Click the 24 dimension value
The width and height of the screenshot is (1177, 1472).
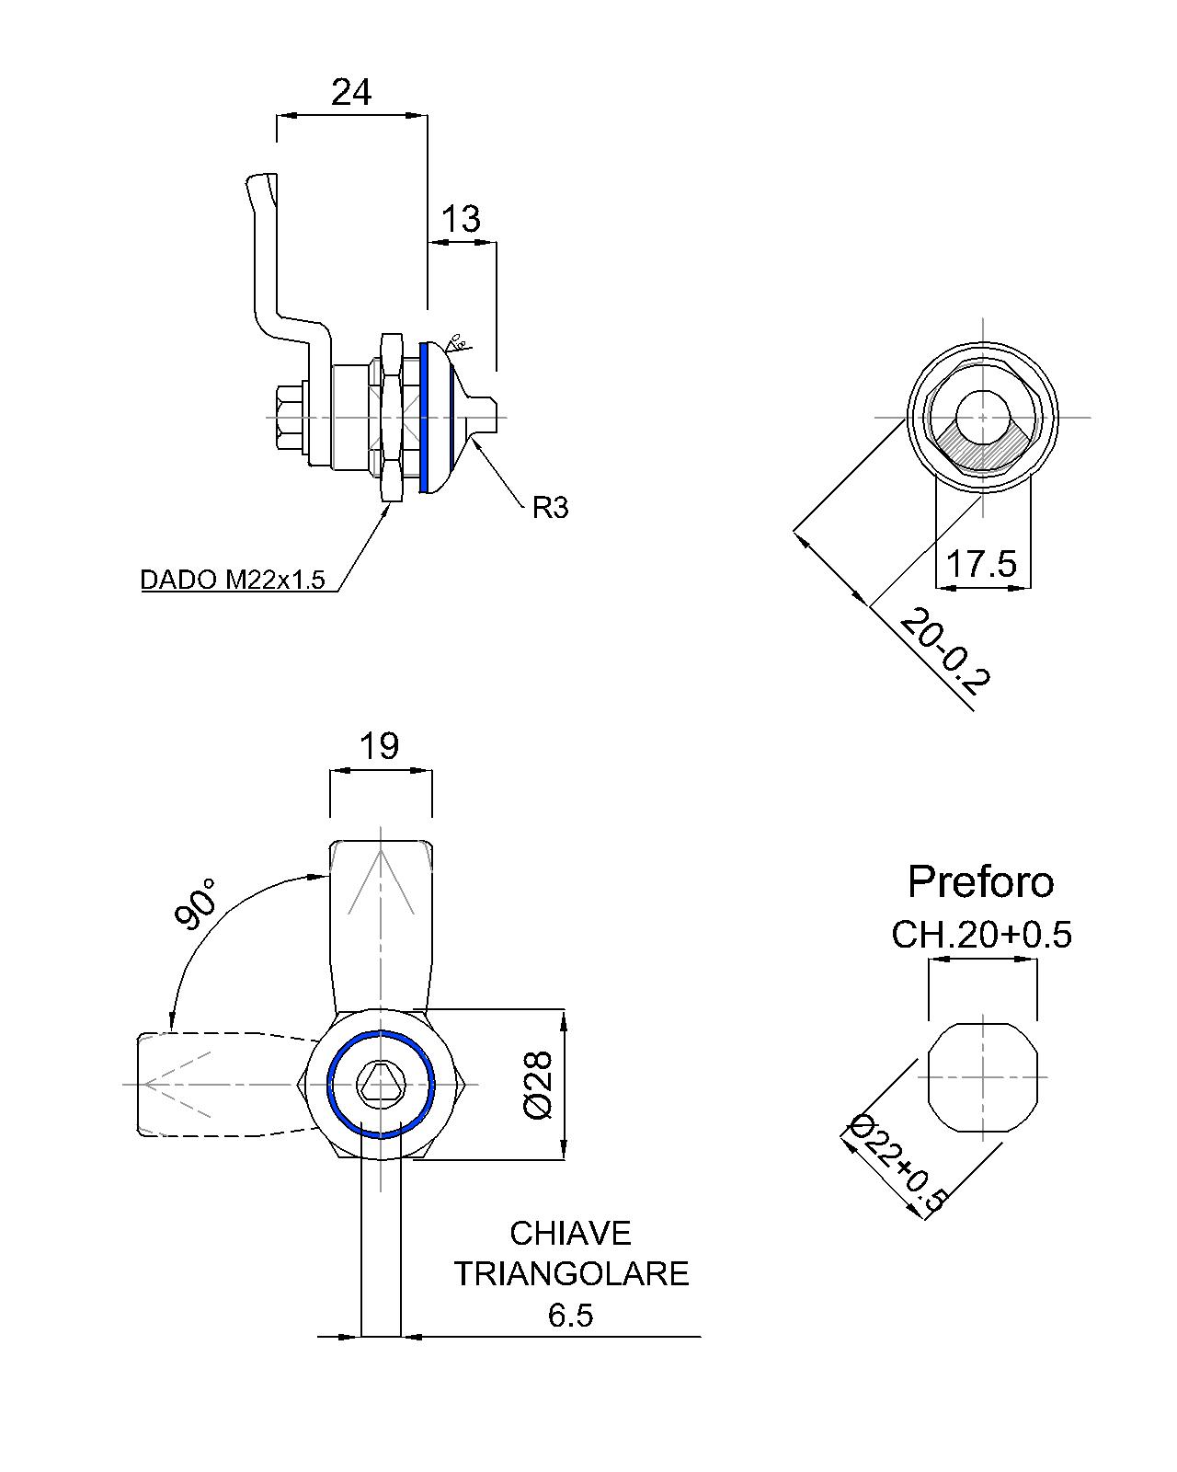(351, 92)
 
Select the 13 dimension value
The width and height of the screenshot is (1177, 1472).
(461, 219)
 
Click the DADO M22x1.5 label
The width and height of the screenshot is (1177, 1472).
(233, 580)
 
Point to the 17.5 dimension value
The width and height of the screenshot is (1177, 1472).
(981, 563)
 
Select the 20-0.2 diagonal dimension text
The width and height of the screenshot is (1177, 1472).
(944, 651)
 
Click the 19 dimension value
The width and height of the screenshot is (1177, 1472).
(379, 745)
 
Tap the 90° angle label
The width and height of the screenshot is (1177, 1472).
(196, 903)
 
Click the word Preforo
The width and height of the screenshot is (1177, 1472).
(980, 881)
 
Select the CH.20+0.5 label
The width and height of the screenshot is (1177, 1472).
(981, 935)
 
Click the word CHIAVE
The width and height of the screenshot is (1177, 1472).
(570, 1233)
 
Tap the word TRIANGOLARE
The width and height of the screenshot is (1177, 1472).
(571, 1273)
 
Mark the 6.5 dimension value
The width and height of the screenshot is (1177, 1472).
(570, 1316)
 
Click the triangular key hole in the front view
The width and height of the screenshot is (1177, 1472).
(380, 1083)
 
